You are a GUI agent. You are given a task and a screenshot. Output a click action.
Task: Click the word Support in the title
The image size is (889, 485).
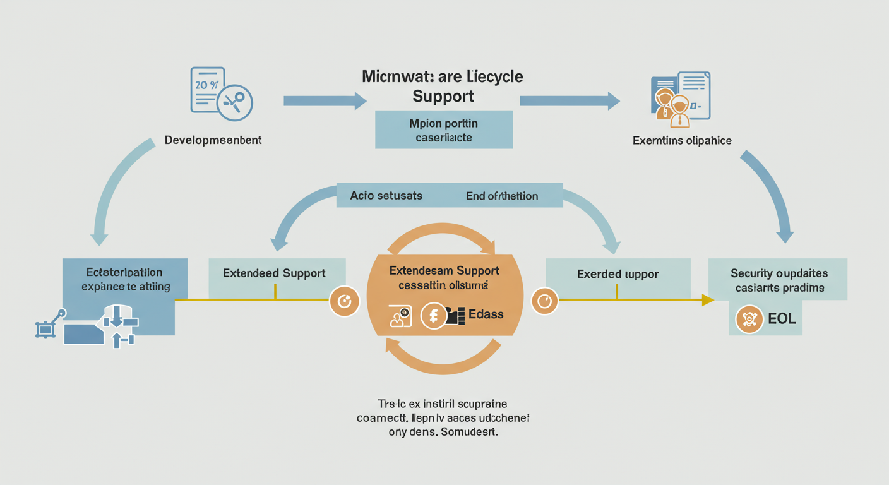pos(443,97)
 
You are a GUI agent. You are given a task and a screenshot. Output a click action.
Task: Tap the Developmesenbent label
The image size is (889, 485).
pos(213,140)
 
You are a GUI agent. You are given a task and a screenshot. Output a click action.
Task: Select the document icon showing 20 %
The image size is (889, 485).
pos(208,90)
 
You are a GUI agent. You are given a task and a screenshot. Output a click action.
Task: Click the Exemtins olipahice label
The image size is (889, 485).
pos(682,140)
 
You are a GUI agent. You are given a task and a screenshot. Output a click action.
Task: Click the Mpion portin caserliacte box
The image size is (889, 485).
pos(443,129)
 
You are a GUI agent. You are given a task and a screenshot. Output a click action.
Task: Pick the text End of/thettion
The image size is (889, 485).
pos(502,196)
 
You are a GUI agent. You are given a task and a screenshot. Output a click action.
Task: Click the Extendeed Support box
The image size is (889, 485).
pos(274,273)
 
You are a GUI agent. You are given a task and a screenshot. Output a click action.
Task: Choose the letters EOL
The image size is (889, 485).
pos(782,319)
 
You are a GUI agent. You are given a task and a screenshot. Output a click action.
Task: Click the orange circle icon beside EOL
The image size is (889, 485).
pos(749,320)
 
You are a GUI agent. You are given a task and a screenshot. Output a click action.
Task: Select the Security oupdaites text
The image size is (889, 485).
pos(779,273)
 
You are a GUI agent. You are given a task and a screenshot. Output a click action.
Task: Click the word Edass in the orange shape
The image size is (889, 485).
pos(486,314)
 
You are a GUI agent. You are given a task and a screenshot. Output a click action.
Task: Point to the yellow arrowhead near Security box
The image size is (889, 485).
pos(707,301)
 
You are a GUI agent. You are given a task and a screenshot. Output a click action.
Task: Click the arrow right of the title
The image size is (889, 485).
pos(569,100)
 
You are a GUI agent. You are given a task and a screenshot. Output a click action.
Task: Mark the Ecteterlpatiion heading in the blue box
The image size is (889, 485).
pos(124,273)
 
